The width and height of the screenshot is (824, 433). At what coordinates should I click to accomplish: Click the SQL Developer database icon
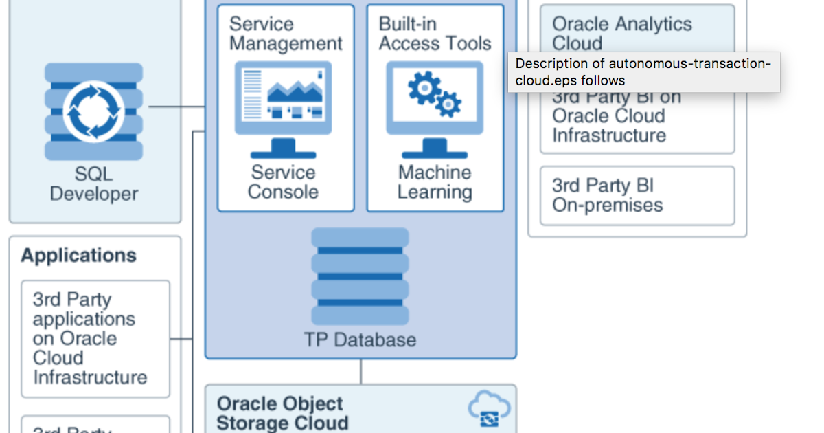93,111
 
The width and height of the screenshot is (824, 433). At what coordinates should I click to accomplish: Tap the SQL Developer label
94,184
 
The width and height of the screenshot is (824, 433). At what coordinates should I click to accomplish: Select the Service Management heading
285,34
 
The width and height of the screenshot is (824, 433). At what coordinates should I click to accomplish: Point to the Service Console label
283,182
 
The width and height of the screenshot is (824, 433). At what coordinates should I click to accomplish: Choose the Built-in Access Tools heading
435,34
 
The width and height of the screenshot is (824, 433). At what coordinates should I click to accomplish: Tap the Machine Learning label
435,182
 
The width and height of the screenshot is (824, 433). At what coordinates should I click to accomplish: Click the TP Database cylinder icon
360,276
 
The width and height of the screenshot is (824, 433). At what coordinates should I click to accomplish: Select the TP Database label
360,340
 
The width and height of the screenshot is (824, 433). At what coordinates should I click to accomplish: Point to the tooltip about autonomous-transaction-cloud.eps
643,72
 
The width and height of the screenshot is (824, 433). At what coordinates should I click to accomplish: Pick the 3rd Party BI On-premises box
637,196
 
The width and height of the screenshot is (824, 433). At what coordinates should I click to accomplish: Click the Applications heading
78,256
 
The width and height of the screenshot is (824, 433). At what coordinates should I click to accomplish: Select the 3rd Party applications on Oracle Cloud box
95,338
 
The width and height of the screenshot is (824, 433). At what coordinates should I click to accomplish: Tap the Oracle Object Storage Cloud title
282,413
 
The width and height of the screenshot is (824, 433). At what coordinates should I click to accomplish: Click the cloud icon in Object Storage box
489,410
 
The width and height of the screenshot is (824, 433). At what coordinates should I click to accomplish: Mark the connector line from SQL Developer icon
176,107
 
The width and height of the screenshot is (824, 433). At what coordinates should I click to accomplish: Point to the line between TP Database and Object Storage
360,372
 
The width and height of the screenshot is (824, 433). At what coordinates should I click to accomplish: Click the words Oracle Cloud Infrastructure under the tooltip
608,125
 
